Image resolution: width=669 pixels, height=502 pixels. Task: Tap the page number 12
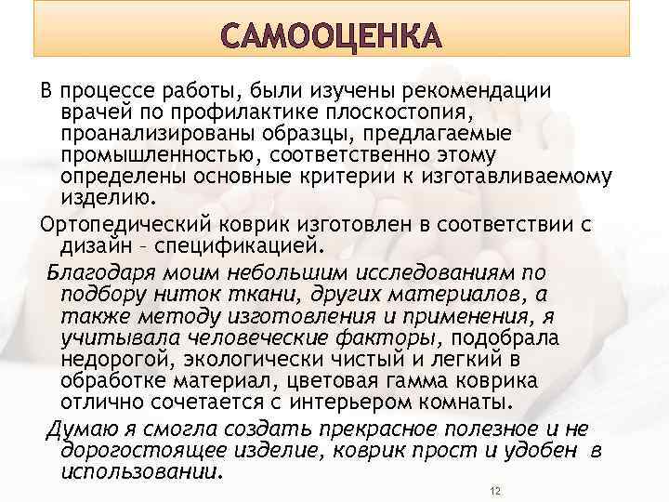coord(495,490)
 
